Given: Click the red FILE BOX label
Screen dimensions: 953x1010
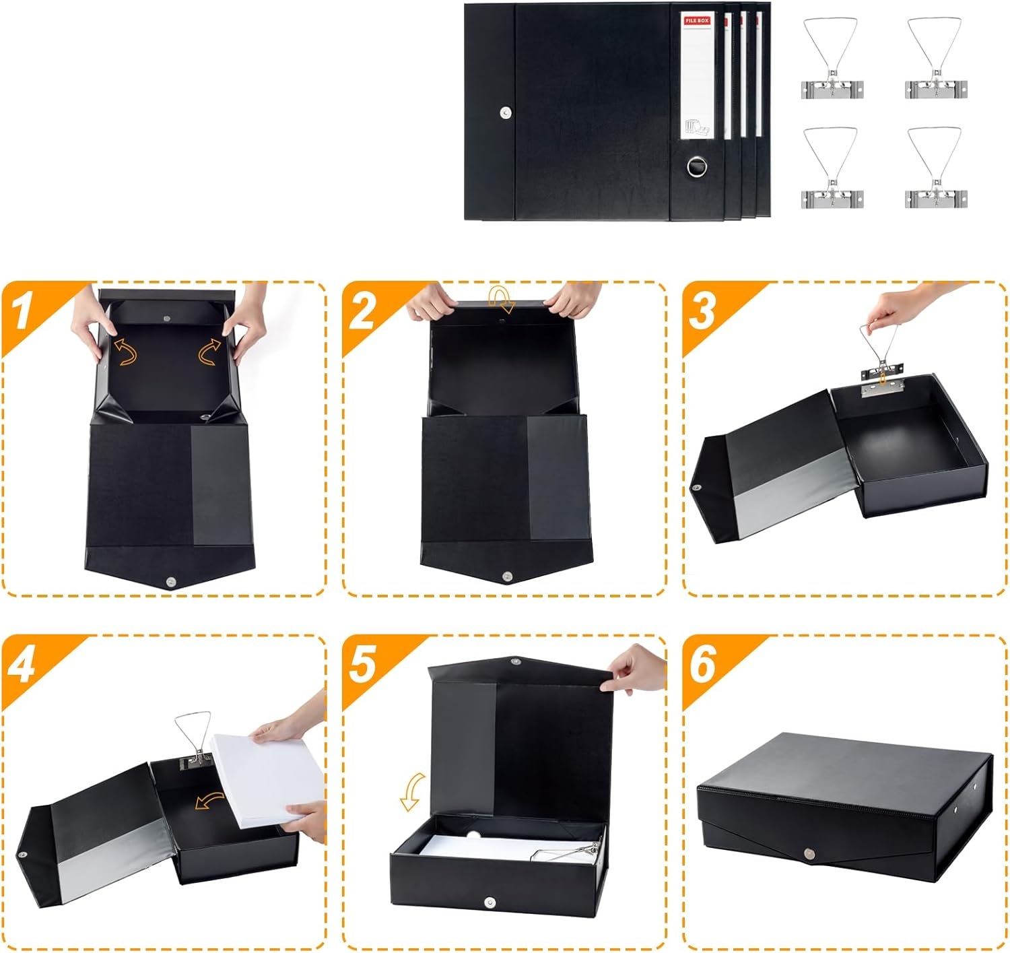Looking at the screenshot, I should click(x=697, y=21).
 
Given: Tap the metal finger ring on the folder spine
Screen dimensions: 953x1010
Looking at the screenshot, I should click(x=697, y=166).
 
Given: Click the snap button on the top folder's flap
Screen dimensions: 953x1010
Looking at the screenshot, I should click(x=506, y=112).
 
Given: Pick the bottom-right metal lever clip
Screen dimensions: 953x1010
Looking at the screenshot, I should click(x=935, y=168).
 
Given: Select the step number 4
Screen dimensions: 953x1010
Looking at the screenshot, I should click(x=22, y=665).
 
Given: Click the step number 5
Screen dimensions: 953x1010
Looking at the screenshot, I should click(x=363, y=665).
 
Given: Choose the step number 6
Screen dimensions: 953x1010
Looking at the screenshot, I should click(x=703, y=665).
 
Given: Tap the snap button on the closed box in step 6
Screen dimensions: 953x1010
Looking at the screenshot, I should click(x=808, y=854).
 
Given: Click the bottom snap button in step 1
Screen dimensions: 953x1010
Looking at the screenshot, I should click(x=171, y=582).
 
